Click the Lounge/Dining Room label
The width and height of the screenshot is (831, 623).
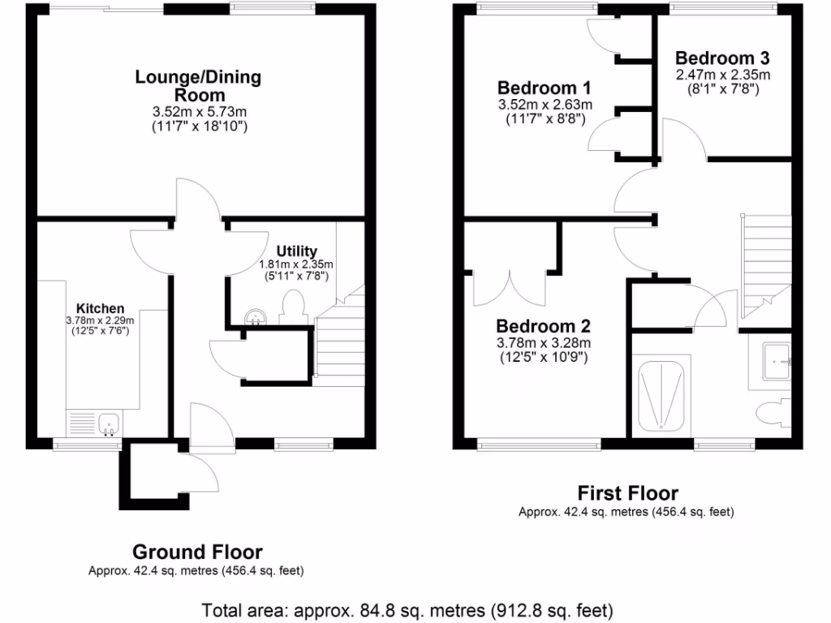[x=198, y=86]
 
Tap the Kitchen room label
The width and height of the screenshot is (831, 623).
[x=101, y=308]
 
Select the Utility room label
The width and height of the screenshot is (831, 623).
[x=296, y=251]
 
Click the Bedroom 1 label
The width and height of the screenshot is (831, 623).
[x=544, y=88]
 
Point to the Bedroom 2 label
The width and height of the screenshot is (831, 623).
[x=544, y=326]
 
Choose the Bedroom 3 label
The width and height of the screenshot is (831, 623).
[x=722, y=58]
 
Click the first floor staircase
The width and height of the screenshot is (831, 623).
[x=765, y=260]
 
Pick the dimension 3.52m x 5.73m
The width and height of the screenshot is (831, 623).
[x=198, y=111]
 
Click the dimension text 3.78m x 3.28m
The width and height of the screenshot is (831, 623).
[x=544, y=343]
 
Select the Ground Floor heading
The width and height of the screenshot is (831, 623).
[x=197, y=552]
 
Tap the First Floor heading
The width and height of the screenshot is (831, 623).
[x=627, y=492]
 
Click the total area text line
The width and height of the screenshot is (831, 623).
[x=407, y=609]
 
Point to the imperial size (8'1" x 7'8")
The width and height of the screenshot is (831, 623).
[x=722, y=89]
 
